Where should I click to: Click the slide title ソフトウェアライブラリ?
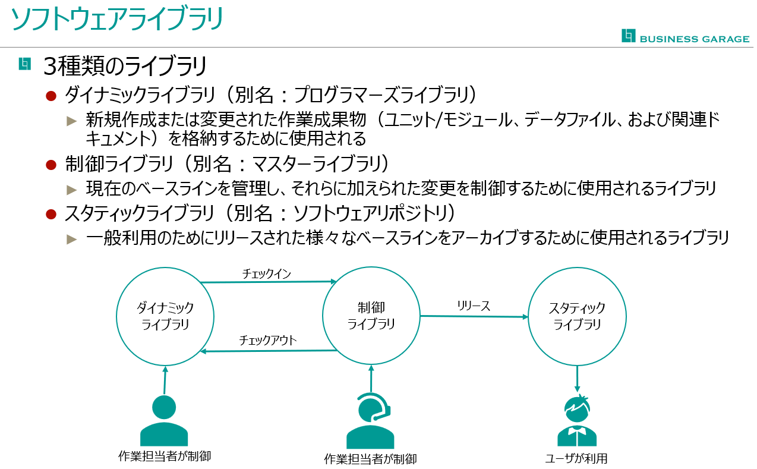pyautogui.click(x=118, y=19)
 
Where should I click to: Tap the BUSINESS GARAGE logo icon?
pyautogui.click(x=628, y=36)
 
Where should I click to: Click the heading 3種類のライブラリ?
pyautogui.click(x=125, y=66)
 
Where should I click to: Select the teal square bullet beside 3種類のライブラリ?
pyautogui.click(x=24, y=63)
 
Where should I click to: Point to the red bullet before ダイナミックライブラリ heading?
pyautogui.click(x=51, y=96)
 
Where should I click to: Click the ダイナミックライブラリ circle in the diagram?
pyautogui.click(x=165, y=316)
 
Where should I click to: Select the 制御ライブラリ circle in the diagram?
pyautogui.click(x=371, y=316)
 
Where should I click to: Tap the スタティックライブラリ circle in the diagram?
pyautogui.click(x=577, y=316)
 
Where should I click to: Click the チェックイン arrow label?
pyautogui.click(x=266, y=273)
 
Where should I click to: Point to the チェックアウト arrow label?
pyautogui.click(x=267, y=340)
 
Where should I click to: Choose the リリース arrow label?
pyautogui.click(x=473, y=306)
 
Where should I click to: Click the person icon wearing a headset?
pyautogui.click(x=371, y=421)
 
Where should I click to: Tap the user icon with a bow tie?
pyautogui.click(x=577, y=420)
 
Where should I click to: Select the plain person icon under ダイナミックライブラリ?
pyautogui.click(x=164, y=420)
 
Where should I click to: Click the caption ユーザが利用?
pyautogui.click(x=576, y=458)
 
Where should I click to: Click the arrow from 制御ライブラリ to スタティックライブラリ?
pyautogui.click(x=474, y=316)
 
